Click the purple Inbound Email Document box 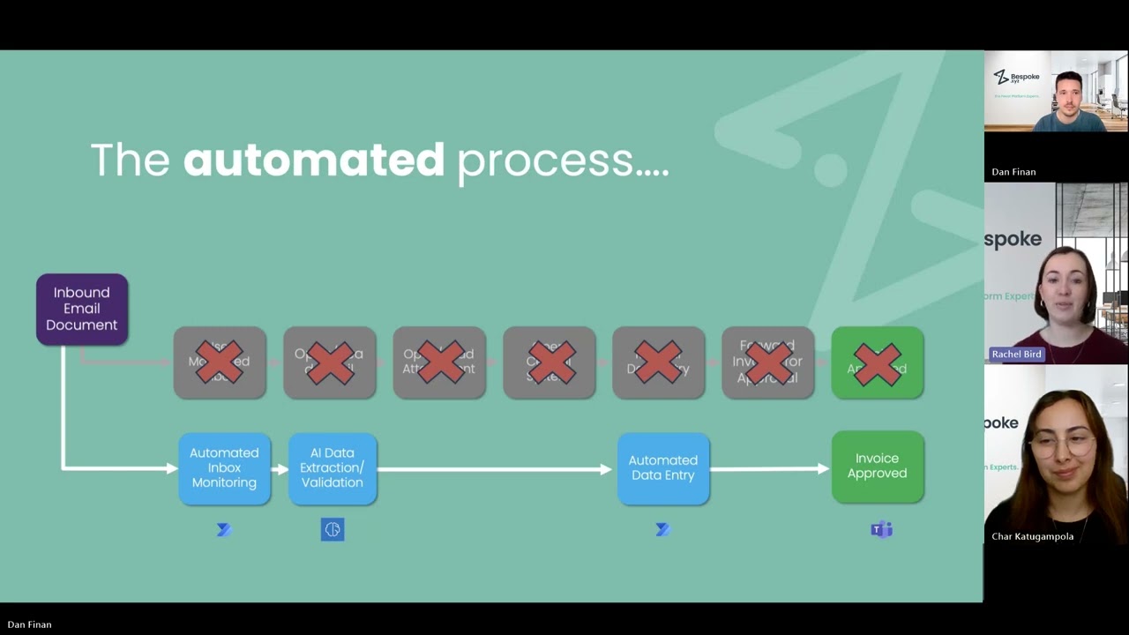(82, 309)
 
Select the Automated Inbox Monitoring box (224, 468)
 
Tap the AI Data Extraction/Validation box (332, 468)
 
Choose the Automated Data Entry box (662, 468)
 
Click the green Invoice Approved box (877, 467)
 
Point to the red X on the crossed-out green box (877, 363)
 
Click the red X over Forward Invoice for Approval (767, 363)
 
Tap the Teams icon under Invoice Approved (881, 529)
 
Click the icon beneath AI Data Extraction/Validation (332, 529)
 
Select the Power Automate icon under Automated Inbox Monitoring (224, 529)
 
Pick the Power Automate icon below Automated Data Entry (662, 529)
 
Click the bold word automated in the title (314, 161)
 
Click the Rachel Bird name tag (1016, 354)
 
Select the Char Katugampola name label (1032, 536)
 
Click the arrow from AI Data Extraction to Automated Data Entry (494, 469)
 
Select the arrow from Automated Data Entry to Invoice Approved (769, 469)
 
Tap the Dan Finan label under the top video (1013, 172)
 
